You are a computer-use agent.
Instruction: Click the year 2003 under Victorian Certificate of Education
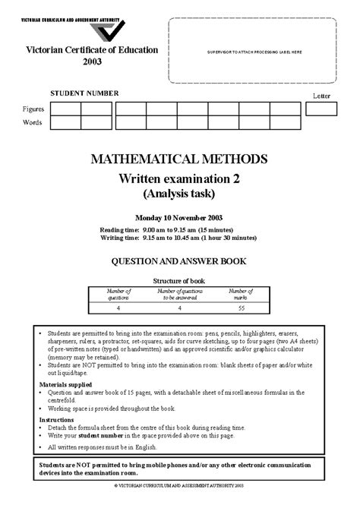click(x=93, y=61)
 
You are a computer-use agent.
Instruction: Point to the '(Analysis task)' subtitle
click(x=180, y=194)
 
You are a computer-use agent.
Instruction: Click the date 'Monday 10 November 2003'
click(x=180, y=216)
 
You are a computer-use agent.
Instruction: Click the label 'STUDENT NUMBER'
click(x=85, y=93)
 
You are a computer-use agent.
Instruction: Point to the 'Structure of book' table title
click(x=179, y=280)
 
